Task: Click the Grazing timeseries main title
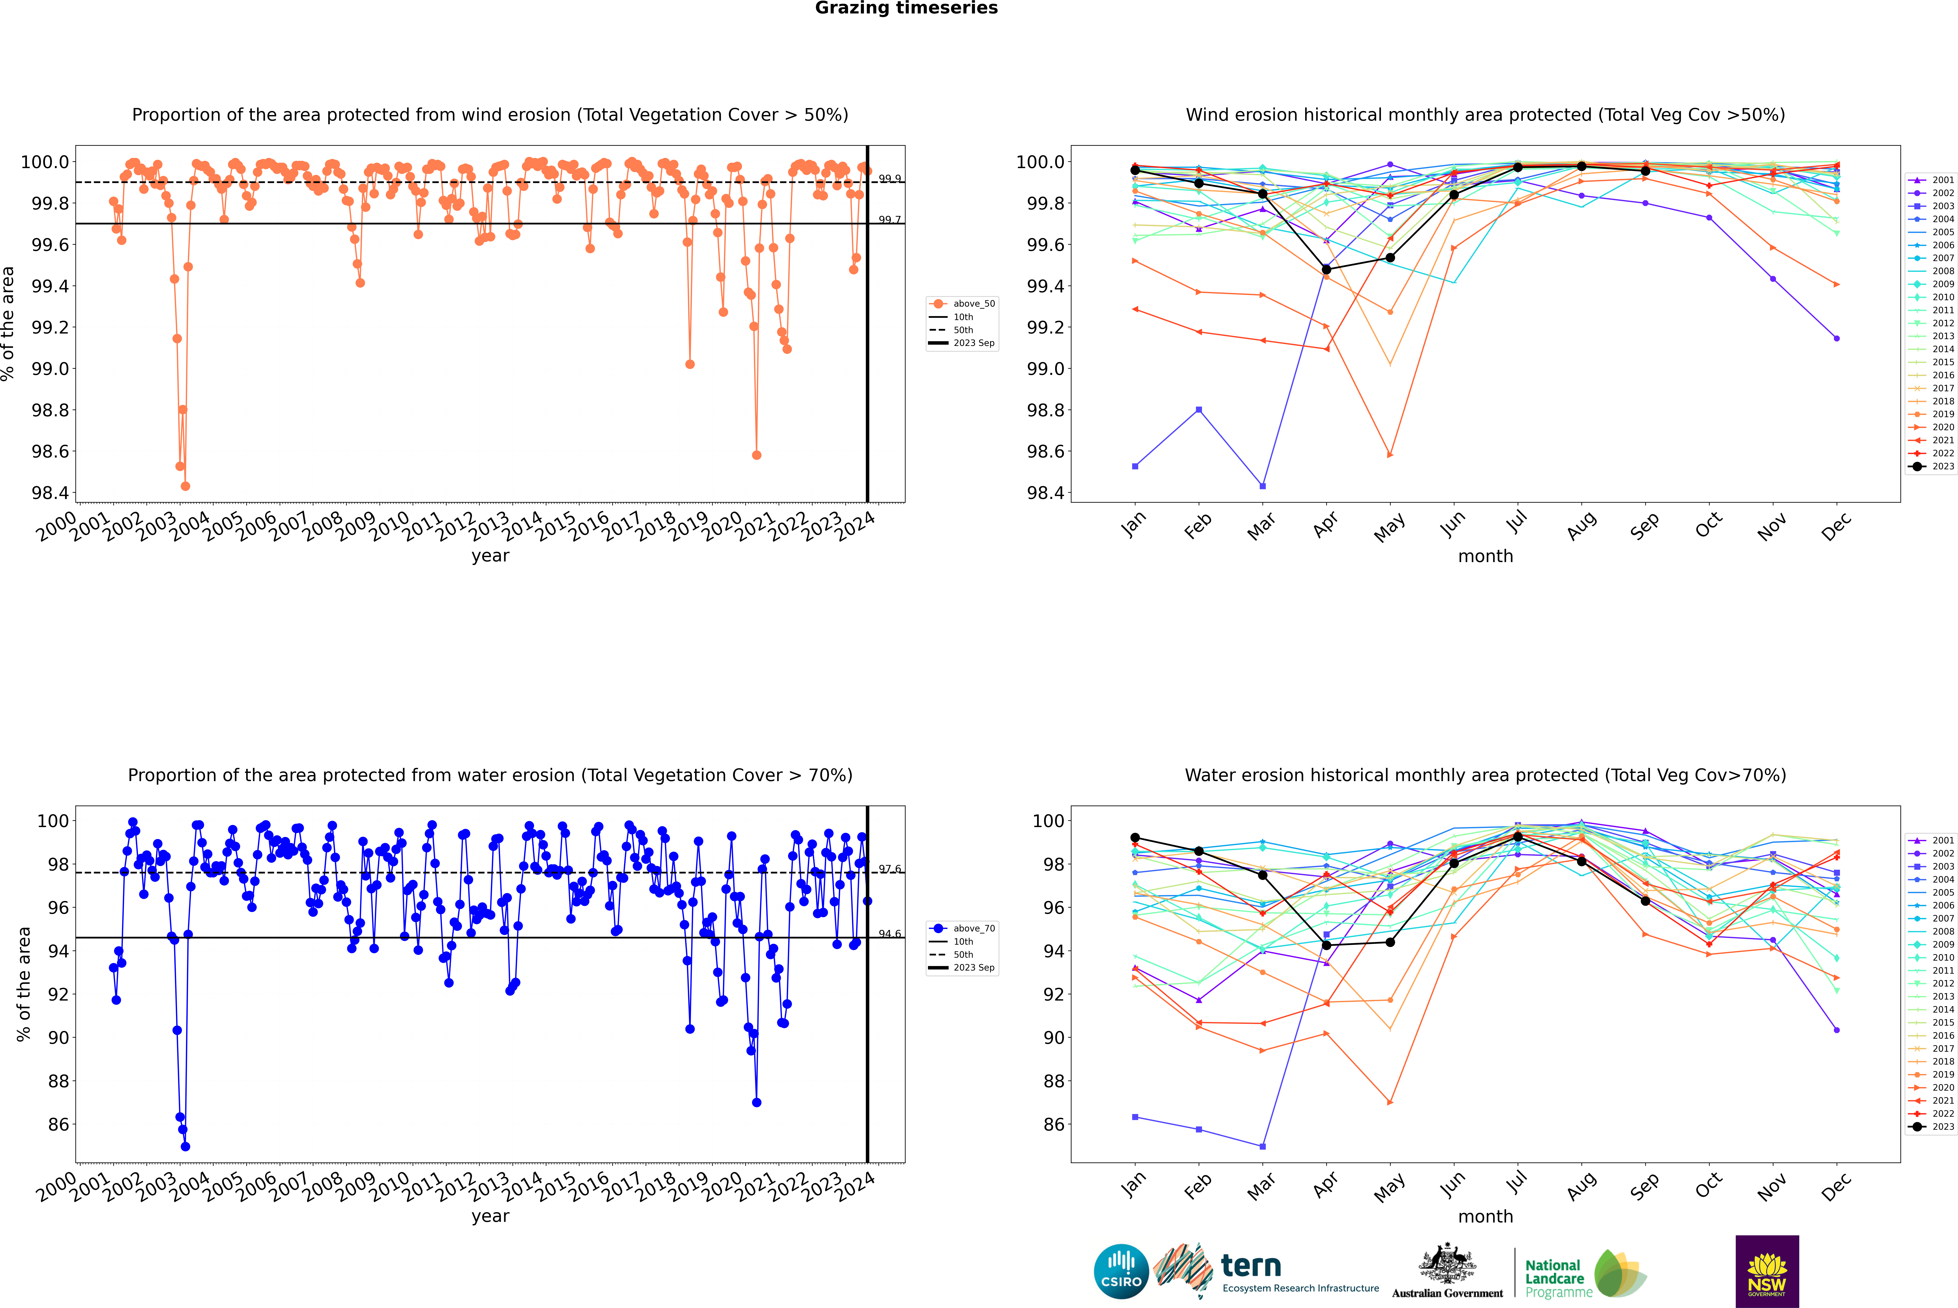[906, 8]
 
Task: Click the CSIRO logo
[1121, 1271]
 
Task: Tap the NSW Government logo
[1767, 1271]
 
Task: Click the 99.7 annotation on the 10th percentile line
[890, 220]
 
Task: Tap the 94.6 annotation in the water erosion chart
[890, 934]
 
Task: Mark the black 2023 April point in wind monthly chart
[1326, 269]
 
